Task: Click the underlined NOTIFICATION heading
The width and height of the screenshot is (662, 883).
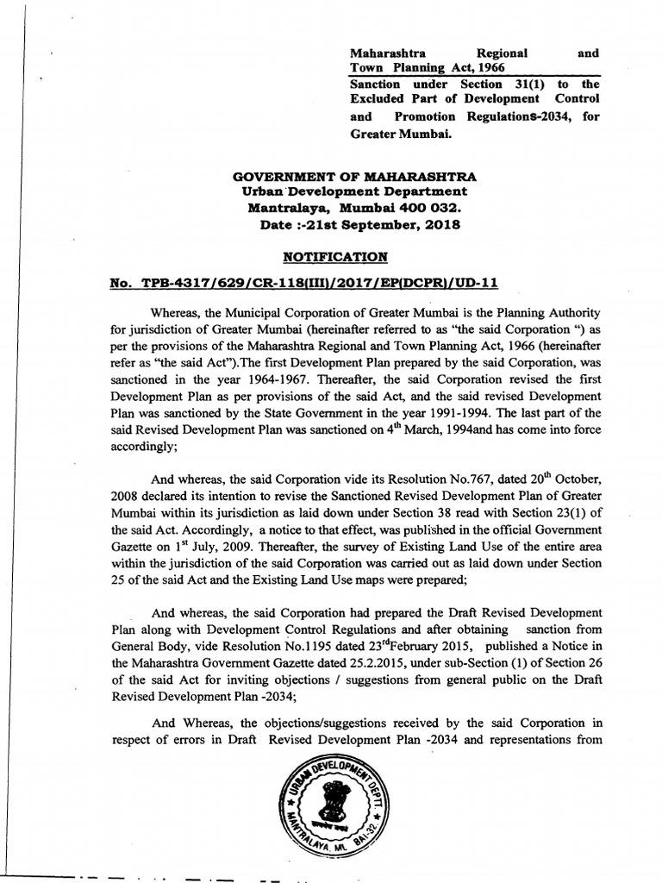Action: tap(335, 257)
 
